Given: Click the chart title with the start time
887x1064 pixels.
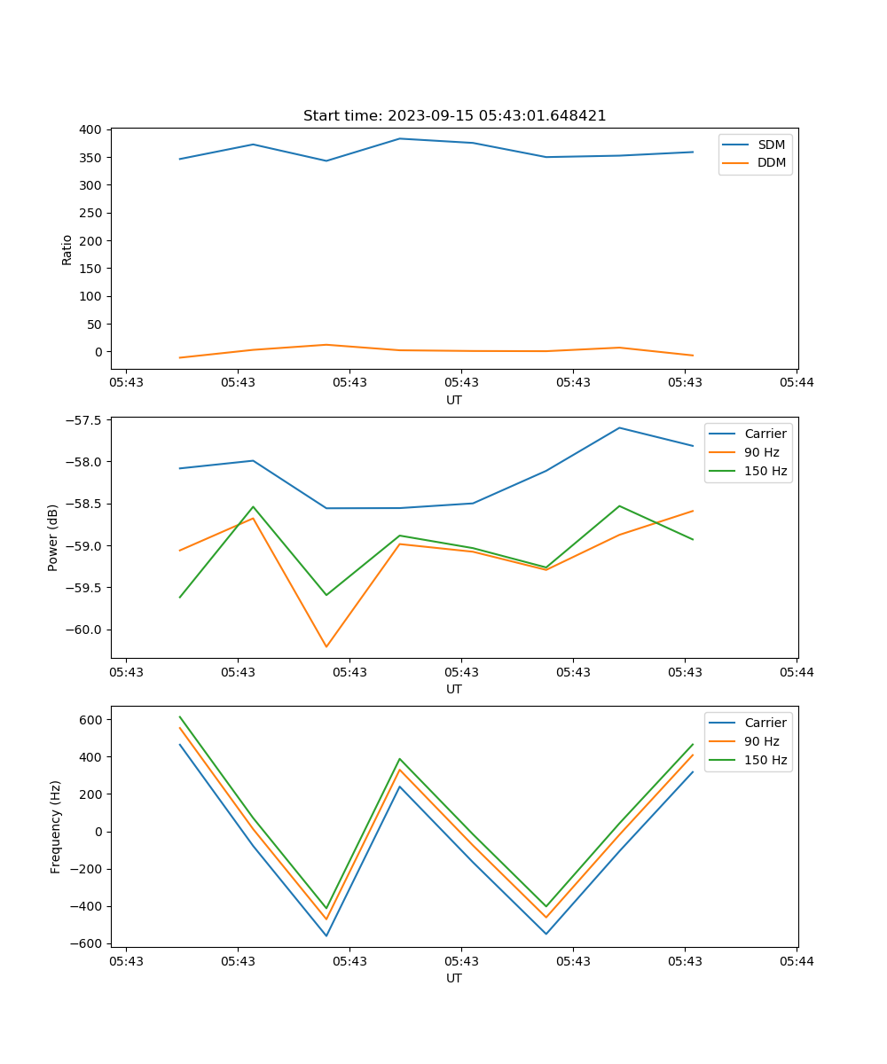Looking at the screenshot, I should pyautogui.click(x=454, y=116).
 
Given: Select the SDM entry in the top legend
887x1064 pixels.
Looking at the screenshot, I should pyautogui.click(x=771, y=145).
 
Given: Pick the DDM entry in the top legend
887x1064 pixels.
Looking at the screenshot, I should pyautogui.click(x=771, y=162).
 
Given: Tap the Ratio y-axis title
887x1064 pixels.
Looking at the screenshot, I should pyautogui.click(x=67, y=249).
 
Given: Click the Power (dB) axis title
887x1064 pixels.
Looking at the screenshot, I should pyautogui.click(x=53, y=537).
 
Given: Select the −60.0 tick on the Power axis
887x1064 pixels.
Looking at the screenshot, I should pyautogui.click(x=84, y=630).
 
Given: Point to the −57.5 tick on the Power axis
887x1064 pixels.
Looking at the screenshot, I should pyautogui.click(x=84, y=420).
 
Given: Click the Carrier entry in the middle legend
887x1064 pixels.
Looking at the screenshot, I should pyautogui.click(x=765, y=434).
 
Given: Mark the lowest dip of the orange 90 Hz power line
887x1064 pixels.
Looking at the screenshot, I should pyautogui.click(x=326, y=646).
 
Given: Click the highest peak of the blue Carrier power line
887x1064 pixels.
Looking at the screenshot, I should pyautogui.click(x=619, y=427).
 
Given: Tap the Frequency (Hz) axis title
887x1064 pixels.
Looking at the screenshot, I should pyautogui.click(x=56, y=827).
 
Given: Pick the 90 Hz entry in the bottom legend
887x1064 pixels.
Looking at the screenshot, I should pyautogui.click(x=761, y=741).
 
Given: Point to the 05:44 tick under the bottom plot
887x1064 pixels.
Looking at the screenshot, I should pyautogui.click(x=797, y=960).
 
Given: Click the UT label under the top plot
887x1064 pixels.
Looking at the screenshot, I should pyautogui.click(x=454, y=400).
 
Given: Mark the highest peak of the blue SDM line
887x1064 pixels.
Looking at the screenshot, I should pyautogui.click(x=399, y=138).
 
